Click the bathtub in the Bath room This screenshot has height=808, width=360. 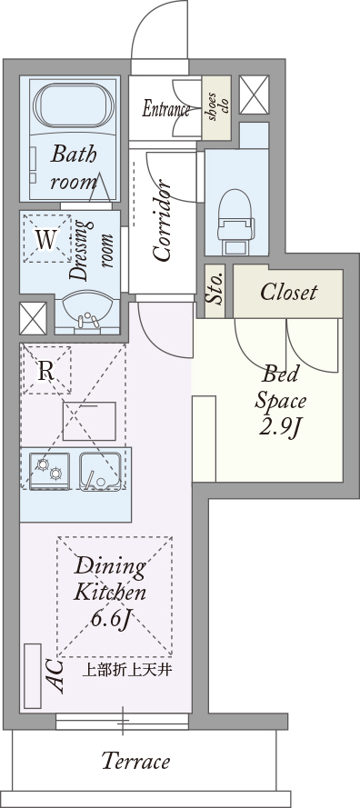pos(74,105)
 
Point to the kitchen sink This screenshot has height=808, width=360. pos(101,471)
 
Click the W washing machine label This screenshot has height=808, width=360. pos(45,240)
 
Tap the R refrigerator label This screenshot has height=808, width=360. pos(46,371)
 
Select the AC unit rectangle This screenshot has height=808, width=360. pos(33,675)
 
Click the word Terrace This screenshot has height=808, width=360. pos(136,761)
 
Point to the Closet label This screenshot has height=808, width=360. pos(288,292)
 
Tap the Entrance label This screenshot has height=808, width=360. pos(166,109)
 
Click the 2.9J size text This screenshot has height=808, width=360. pos(280,429)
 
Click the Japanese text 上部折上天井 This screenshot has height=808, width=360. pos(127,671)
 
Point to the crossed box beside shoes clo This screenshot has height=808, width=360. pos(255,95)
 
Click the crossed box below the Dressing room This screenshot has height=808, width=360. pos(33,318)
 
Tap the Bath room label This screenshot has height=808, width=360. pos(74,168)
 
